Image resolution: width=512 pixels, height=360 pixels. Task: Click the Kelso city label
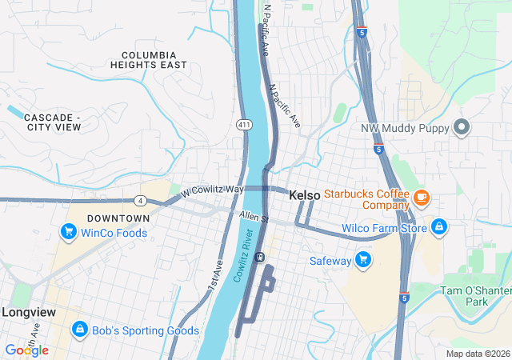point(304,195)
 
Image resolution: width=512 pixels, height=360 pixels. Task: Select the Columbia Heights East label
point(154,60)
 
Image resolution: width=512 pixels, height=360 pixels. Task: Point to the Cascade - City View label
point(54,122)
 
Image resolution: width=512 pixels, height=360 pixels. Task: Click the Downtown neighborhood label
point(118,218)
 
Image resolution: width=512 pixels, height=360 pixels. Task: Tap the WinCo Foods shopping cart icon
point(69,233)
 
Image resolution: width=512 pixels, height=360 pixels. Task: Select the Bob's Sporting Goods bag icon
point(80,330)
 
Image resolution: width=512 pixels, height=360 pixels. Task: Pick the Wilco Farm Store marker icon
point(438,228)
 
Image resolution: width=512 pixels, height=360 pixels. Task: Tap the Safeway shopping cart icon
point(363,260)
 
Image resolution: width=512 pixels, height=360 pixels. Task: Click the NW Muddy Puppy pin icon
point(461,127)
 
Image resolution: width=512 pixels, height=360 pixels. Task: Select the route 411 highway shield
point(243,124)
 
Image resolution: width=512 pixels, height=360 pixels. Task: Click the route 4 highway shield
point(139,199)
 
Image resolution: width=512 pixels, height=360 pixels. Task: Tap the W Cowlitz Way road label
point(211,190)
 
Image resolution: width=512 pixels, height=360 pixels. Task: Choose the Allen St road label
point(254,217)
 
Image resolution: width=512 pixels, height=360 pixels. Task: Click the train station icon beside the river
point(260,258)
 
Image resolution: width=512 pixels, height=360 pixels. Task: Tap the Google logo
point(27,350)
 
